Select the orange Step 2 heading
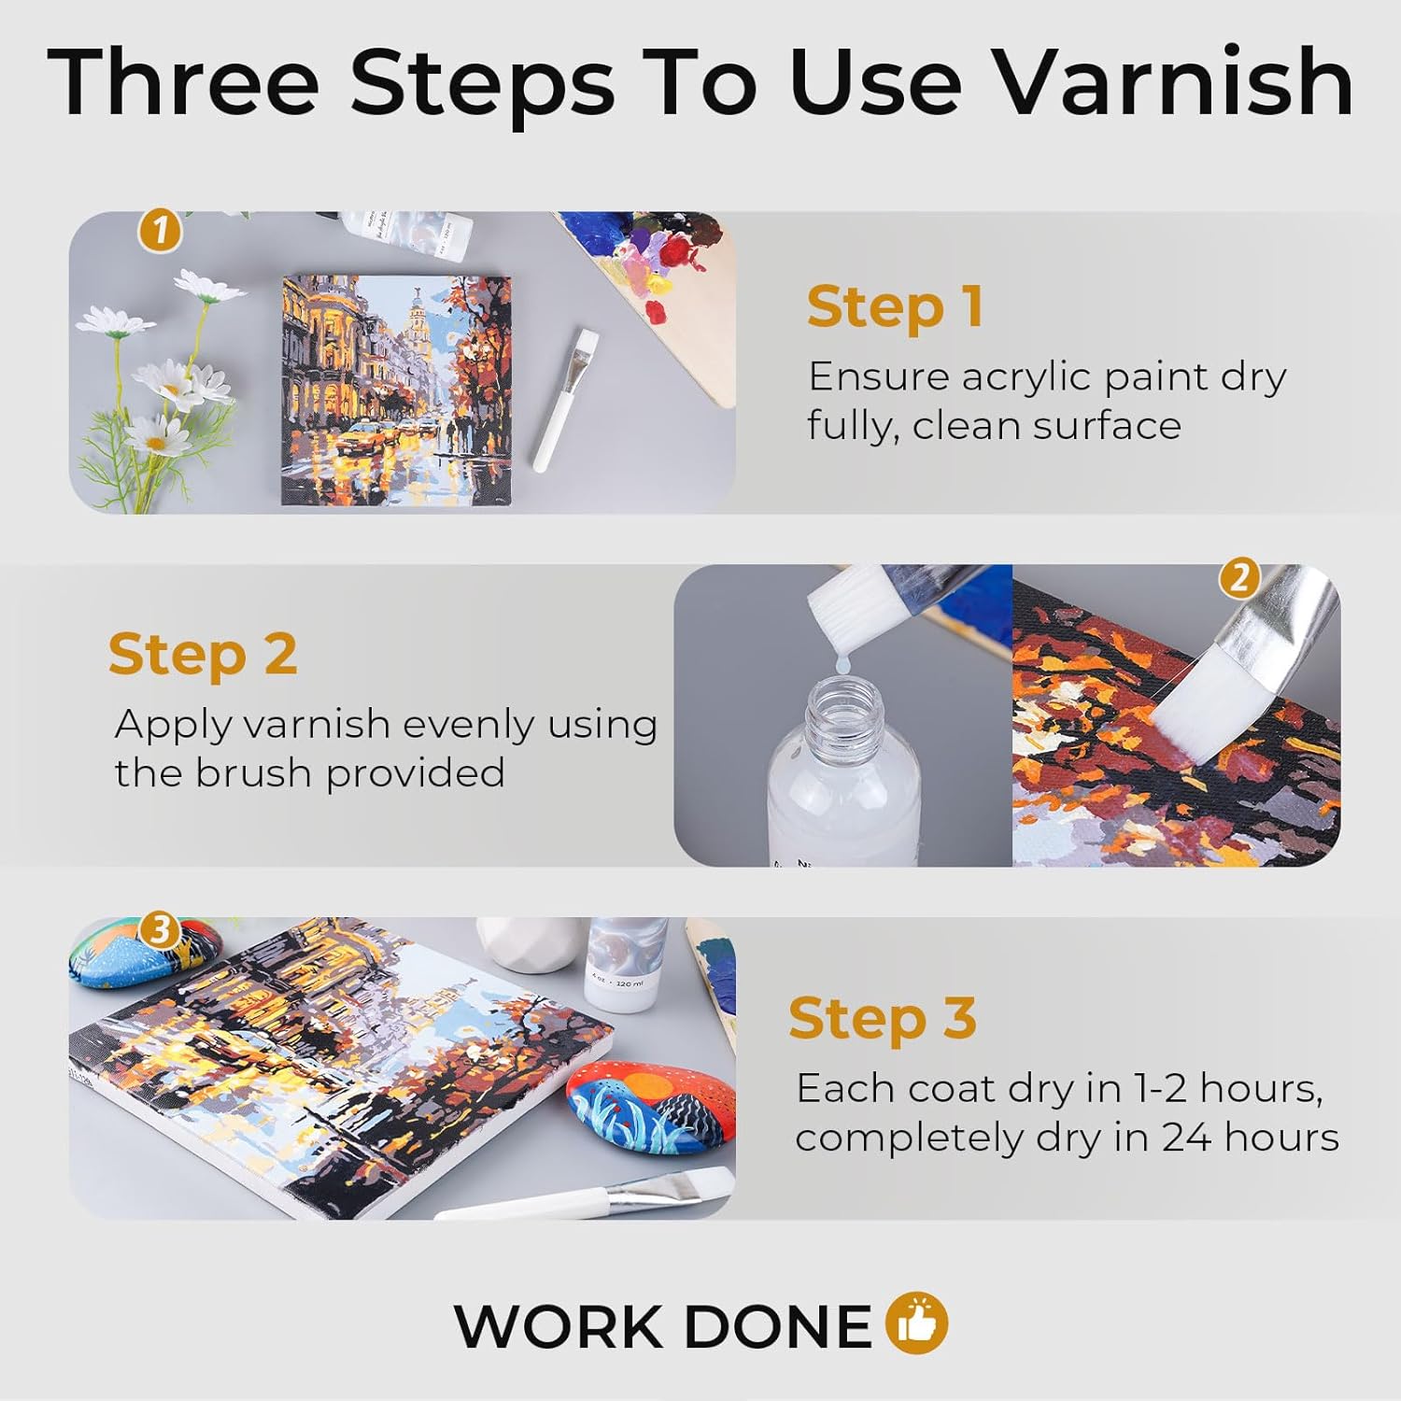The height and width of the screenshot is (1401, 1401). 203,654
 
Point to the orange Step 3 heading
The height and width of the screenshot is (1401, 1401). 883,1017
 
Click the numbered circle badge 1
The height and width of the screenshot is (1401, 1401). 160,230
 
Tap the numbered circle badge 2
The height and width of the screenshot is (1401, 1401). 1239,578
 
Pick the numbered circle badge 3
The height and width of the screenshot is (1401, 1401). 160,930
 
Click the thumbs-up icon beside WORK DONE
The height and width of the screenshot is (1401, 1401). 917,1323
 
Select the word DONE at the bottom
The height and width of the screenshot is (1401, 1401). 777,1326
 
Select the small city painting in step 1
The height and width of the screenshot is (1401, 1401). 396,390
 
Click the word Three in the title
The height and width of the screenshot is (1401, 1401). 183,81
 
